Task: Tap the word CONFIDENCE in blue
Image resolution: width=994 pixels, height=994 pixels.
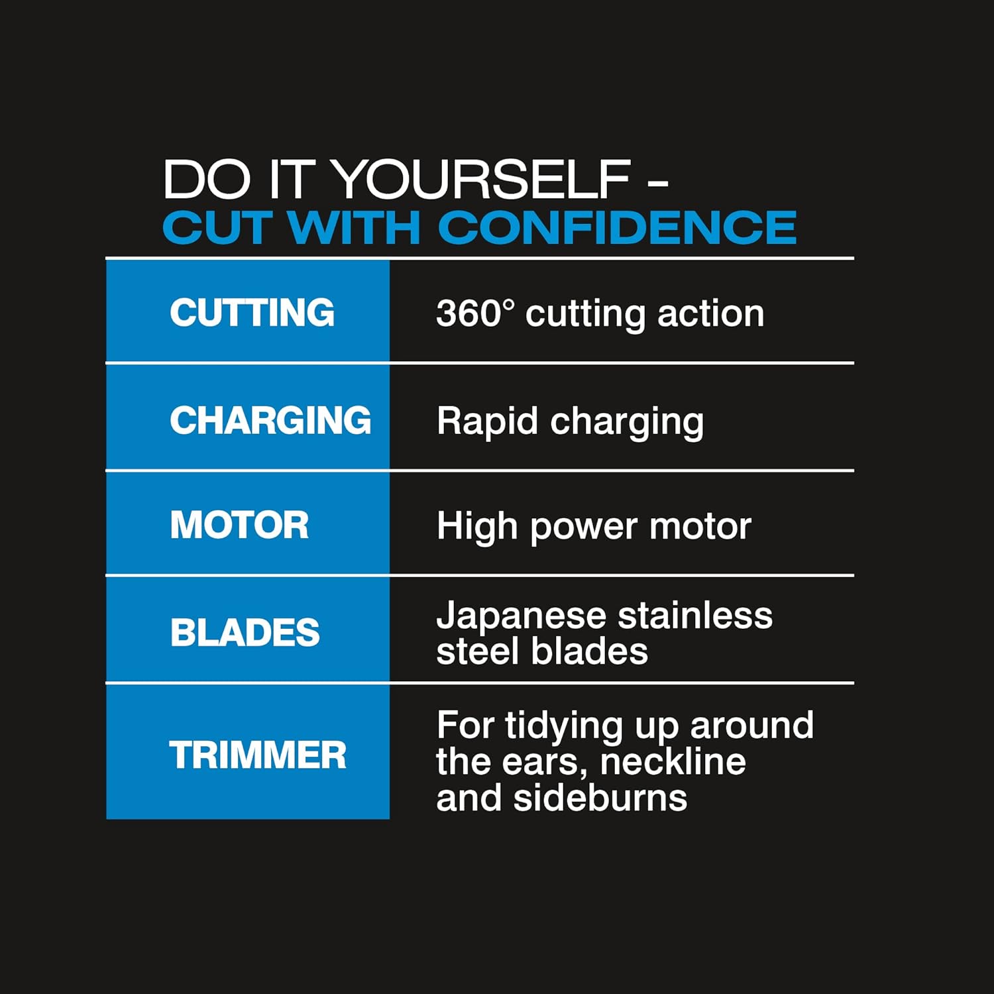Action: click(x=617, y=227)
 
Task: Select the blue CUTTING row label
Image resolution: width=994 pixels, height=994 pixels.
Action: click(x=252, y=312)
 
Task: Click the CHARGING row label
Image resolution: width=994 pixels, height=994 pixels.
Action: click(x=270, y=420)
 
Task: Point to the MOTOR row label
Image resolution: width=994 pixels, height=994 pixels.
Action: click(x=239, y=525)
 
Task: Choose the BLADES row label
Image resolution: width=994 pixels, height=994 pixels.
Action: click(x=245, y=632)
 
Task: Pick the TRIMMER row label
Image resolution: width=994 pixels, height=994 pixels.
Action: click(x=258, y=755)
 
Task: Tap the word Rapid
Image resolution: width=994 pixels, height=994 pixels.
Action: click(x=487, y=421)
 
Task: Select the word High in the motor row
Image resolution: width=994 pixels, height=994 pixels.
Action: click(x=477, y=527)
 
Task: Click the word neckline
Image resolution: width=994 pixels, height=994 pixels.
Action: click(x=673, y=761)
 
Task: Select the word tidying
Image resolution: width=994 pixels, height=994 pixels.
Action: click(x=564, y=726)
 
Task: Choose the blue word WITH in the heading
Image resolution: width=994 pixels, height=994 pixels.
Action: click(x=355, y=227)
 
